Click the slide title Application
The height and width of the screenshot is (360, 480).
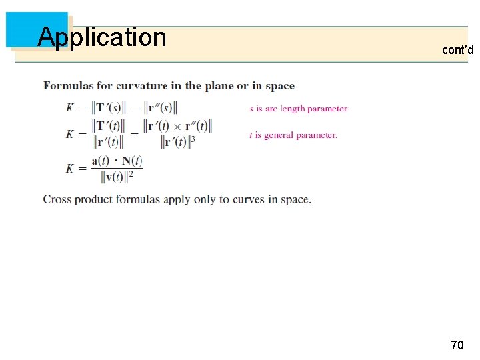[x=101, y=37]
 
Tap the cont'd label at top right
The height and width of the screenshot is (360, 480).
[x=457, y=50]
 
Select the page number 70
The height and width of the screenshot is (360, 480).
[x=457, y=345]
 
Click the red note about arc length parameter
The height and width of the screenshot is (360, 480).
[x=299, y=109]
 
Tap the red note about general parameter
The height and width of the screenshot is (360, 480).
[x=293, y=135]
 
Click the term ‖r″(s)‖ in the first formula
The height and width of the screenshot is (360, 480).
[x=161, y=108]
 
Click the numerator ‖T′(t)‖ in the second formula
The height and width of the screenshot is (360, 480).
[x=107, y=126]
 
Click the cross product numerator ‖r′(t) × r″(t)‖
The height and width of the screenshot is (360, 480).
[x=177, y=126]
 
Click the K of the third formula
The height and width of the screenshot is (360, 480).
[x=70, y=169]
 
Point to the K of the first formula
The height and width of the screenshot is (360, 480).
[x=70, y=108]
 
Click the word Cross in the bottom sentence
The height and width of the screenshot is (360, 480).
[x=57, y=199]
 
